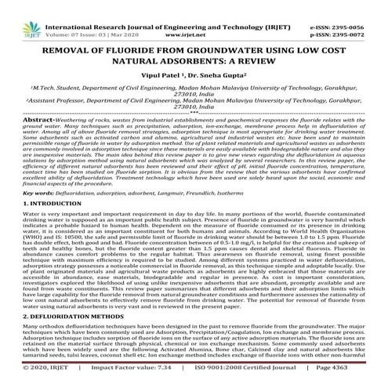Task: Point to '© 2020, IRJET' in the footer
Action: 32,378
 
